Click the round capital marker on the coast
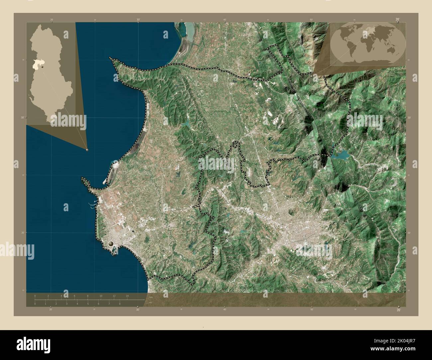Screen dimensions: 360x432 111,244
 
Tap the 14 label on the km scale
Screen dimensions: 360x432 127,296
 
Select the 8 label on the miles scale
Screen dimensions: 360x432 120,304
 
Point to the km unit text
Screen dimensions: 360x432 151,297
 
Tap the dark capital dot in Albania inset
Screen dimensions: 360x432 43,67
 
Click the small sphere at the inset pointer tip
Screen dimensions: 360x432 87,150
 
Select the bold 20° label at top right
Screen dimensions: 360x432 397,20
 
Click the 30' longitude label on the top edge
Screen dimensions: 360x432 138,20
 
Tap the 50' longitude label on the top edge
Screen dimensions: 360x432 311,20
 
